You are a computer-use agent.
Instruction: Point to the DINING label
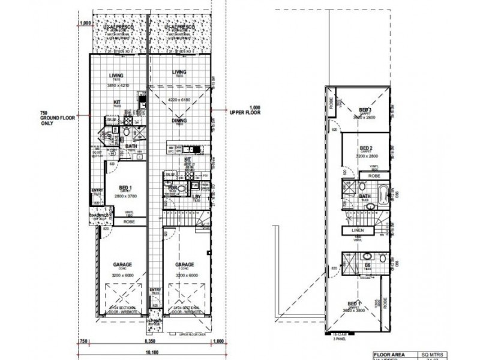(178, 121)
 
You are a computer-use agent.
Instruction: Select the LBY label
(196, 197)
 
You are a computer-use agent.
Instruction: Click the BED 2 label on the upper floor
(367, 148)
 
